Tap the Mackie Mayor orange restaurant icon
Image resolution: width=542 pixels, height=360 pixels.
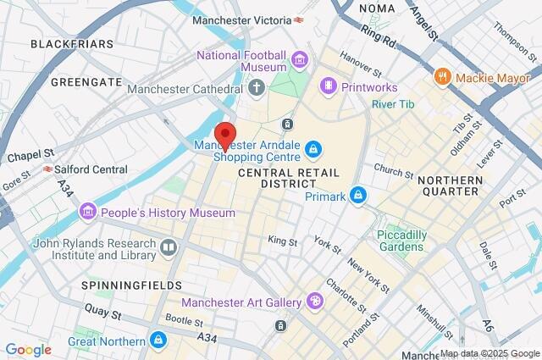tap(441, 77)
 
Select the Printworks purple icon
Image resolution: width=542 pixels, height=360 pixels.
tap(327, 86)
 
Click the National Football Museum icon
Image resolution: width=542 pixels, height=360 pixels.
tap(298, 60)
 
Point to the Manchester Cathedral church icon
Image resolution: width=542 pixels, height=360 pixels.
tap(257, 86)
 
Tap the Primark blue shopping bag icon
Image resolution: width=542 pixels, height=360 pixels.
tap(359, 196)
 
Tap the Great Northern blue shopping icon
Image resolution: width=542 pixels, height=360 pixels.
tap(157, 341)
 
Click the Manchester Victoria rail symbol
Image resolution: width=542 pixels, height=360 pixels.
tap(299, 19)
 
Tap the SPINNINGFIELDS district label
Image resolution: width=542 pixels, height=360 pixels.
tap(131, 285)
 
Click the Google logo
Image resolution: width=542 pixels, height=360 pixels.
tap(28, 350)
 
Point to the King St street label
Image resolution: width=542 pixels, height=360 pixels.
tap(283, 241)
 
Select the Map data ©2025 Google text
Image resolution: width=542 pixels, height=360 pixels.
tap(489, 353)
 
